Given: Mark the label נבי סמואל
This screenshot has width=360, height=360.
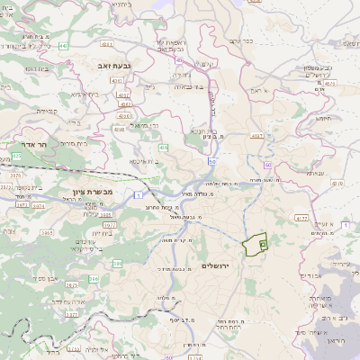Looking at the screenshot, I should point(144,125).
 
